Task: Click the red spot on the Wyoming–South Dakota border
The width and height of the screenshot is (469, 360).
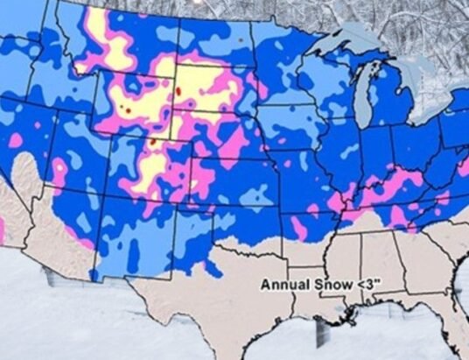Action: point(178,90)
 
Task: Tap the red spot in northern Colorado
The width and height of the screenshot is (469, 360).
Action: point(151,141)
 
